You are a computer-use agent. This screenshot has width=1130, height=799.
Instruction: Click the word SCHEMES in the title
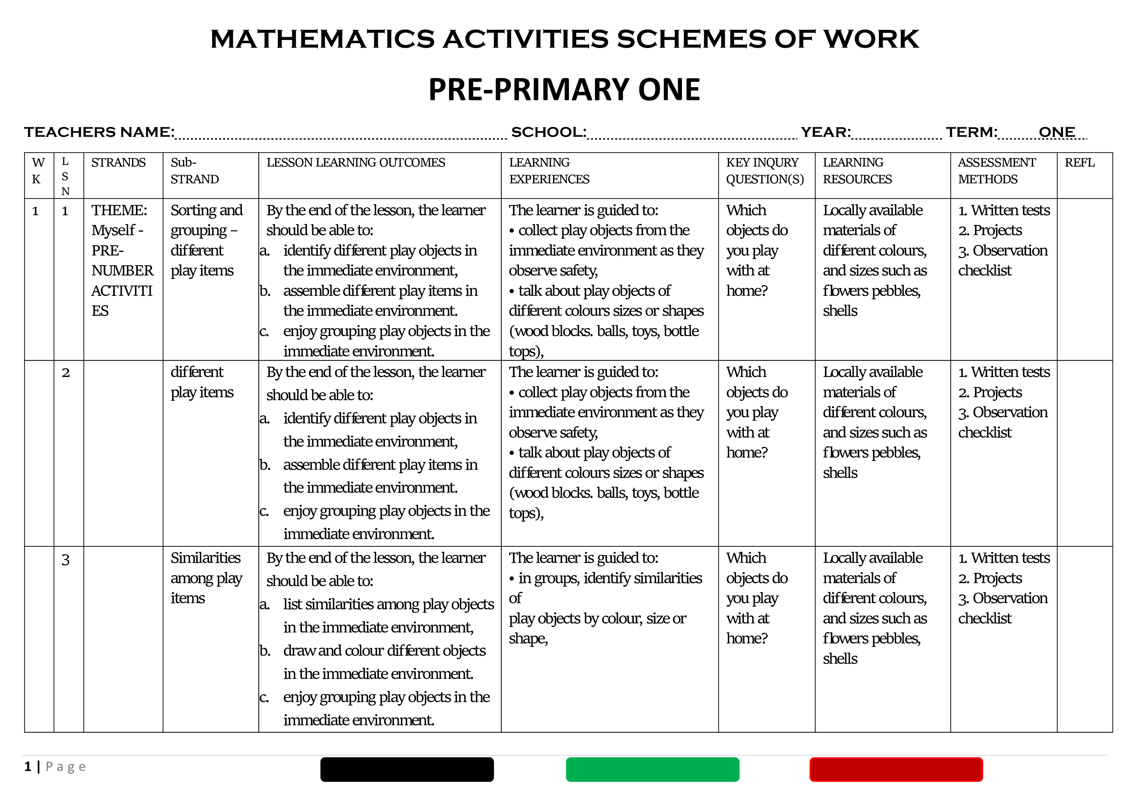pos(691,39)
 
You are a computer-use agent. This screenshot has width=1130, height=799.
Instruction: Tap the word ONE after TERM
pos(1056,132)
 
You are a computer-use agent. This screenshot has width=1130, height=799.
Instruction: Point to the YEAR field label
pos(825,132)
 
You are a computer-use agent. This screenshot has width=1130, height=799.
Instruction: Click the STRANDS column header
pos(119,163)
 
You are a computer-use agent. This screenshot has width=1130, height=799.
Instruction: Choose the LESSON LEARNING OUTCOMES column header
pos(355,163)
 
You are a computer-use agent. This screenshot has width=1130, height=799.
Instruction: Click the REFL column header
pos(1079,163)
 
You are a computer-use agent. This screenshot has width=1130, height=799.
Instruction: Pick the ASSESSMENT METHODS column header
pos(997,171)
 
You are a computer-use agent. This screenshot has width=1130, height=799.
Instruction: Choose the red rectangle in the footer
pos(896,769)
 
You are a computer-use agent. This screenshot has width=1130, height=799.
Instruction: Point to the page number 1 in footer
pos(28,766)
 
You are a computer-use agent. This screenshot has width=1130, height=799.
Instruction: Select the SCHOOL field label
pos(548,132)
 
